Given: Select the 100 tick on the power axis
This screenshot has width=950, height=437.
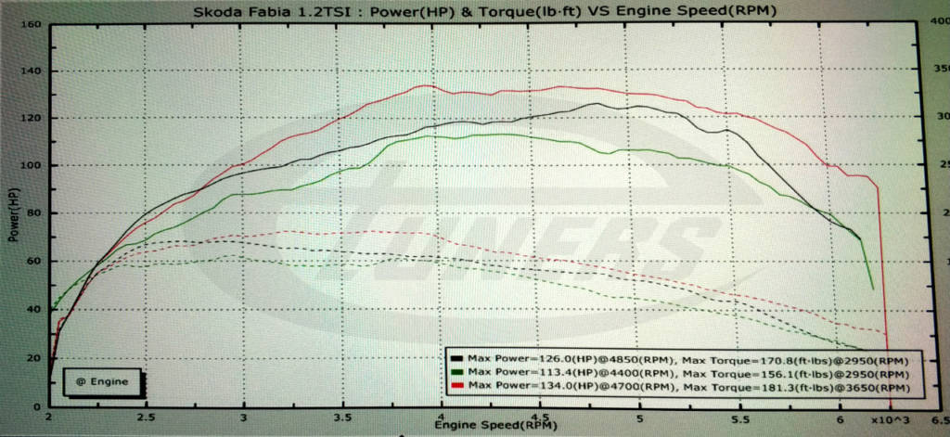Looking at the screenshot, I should [x=31, y=166].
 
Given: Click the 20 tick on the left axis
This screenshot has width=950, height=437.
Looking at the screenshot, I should [x=33, y=358].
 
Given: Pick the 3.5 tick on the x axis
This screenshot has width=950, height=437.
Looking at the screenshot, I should [x=343, y=418].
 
